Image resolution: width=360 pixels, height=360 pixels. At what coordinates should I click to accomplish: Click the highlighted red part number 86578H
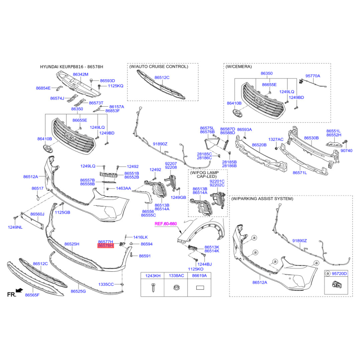point(105,246)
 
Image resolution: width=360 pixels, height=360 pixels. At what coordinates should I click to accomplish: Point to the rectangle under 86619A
point(200,288)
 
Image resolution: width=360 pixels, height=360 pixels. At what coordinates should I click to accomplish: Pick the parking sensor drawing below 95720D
point(335,283)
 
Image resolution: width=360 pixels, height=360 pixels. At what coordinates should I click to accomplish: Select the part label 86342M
point(81,74)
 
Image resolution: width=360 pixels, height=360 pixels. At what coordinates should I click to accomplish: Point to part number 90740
point(347,150)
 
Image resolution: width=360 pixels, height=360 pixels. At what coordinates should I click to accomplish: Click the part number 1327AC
point(276,139)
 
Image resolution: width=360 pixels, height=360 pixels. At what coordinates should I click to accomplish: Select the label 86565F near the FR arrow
point(32,295)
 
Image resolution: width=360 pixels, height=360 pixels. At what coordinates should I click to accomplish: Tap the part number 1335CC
point(107,284)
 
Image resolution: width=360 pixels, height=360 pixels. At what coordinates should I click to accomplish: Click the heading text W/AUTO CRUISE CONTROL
point(159,67)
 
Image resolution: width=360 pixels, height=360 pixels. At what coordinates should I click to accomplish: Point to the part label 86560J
point(37,214)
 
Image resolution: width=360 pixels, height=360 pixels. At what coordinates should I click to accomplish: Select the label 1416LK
point(140,237)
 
